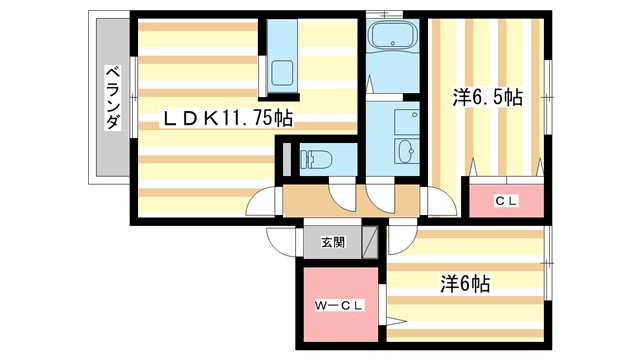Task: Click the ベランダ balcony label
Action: click(113, 97)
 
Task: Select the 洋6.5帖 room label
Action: click(487, 97)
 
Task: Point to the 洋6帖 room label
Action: click(465, 284)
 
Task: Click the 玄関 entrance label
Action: click(332, 241)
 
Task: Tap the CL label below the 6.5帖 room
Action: click(506, 201)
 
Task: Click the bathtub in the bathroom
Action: click(395, 41)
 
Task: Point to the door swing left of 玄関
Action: click(282, 242)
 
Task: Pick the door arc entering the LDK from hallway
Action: click(261, 199)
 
